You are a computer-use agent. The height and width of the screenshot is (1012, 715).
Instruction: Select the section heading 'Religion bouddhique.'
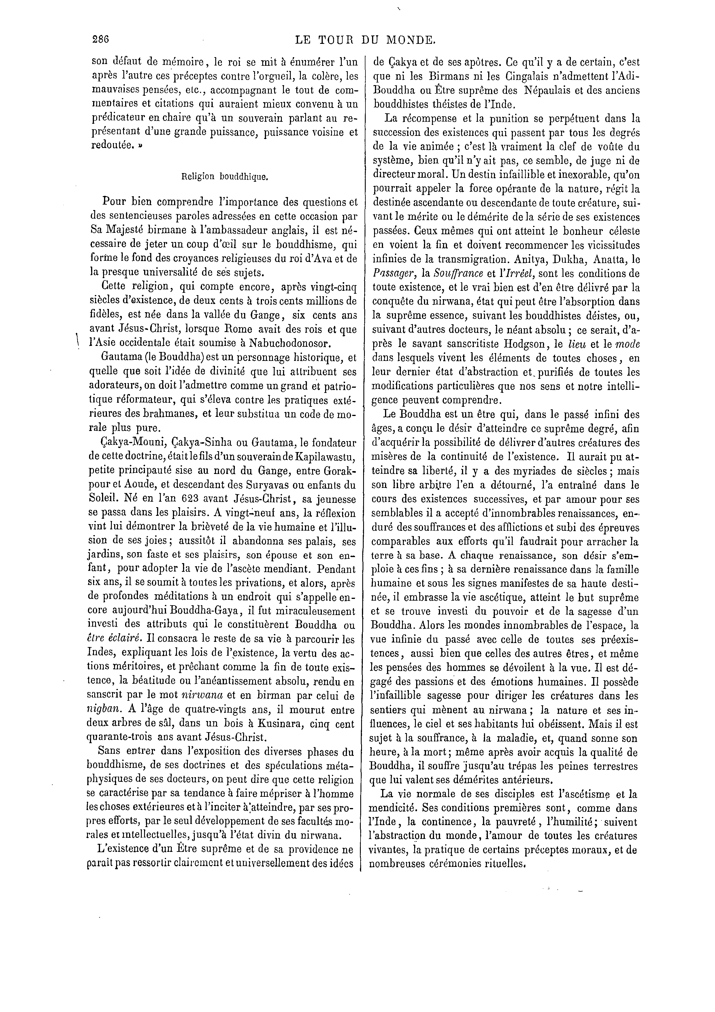click(x=225, y=177)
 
